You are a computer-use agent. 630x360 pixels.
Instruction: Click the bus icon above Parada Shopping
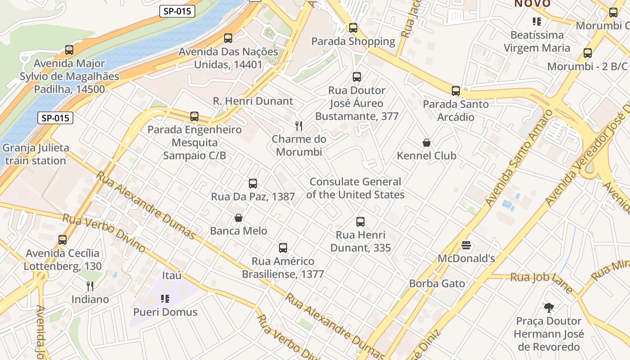tap(353, 28)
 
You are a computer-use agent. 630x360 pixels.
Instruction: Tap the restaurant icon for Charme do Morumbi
tap(298, 126)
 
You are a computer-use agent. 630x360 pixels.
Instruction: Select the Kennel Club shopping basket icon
tap(427, 143)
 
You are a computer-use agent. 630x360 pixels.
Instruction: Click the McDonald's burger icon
tap(466, 246)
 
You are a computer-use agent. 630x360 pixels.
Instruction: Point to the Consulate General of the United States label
tap(355, 188)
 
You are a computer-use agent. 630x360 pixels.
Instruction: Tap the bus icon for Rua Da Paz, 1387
tap(253, 184)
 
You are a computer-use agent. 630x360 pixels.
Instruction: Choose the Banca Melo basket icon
tap(238, 218)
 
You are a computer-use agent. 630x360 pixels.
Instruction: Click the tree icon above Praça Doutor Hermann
tap(549, 308)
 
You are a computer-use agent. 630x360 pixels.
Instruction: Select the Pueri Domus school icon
tap(165, 299)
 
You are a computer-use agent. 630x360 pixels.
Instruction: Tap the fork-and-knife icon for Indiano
tap(90, 286)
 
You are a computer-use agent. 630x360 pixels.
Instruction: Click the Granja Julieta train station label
tap(36, 154)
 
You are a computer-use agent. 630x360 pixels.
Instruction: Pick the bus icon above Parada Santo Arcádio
tap(456, 91)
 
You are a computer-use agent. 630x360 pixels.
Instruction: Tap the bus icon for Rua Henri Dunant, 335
tap(360, 222)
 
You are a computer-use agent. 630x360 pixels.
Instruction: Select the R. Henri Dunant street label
tap(253, 101)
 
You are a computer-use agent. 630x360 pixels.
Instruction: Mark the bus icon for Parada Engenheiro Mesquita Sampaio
tap(194, 117)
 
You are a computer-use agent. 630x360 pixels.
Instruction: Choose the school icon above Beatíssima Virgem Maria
tap(536, 21)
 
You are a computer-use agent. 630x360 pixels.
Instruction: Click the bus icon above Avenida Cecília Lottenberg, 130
tap(63, 240)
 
